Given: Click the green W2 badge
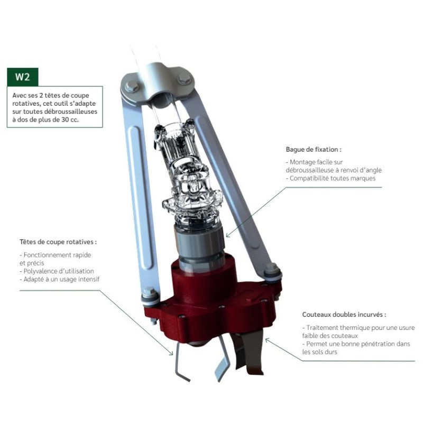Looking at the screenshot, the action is tap(23, 77).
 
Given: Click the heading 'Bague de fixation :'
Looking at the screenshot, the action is tap(314, 150).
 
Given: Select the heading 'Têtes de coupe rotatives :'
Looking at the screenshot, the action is tap(58, 242).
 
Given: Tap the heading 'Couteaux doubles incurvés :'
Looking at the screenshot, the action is tap(344, 315).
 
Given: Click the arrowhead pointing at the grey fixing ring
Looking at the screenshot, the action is tap(228, 235).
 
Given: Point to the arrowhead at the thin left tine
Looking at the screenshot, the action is tap(171, 352).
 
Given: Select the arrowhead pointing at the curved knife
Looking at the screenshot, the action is tap(267, 341).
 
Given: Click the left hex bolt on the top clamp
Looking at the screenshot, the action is tap(132, 85).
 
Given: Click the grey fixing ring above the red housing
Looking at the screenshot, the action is tap(199, 237).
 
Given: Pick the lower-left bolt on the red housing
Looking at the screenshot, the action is tap(149, 295).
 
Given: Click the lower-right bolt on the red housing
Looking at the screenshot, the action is tap(271, 271).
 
